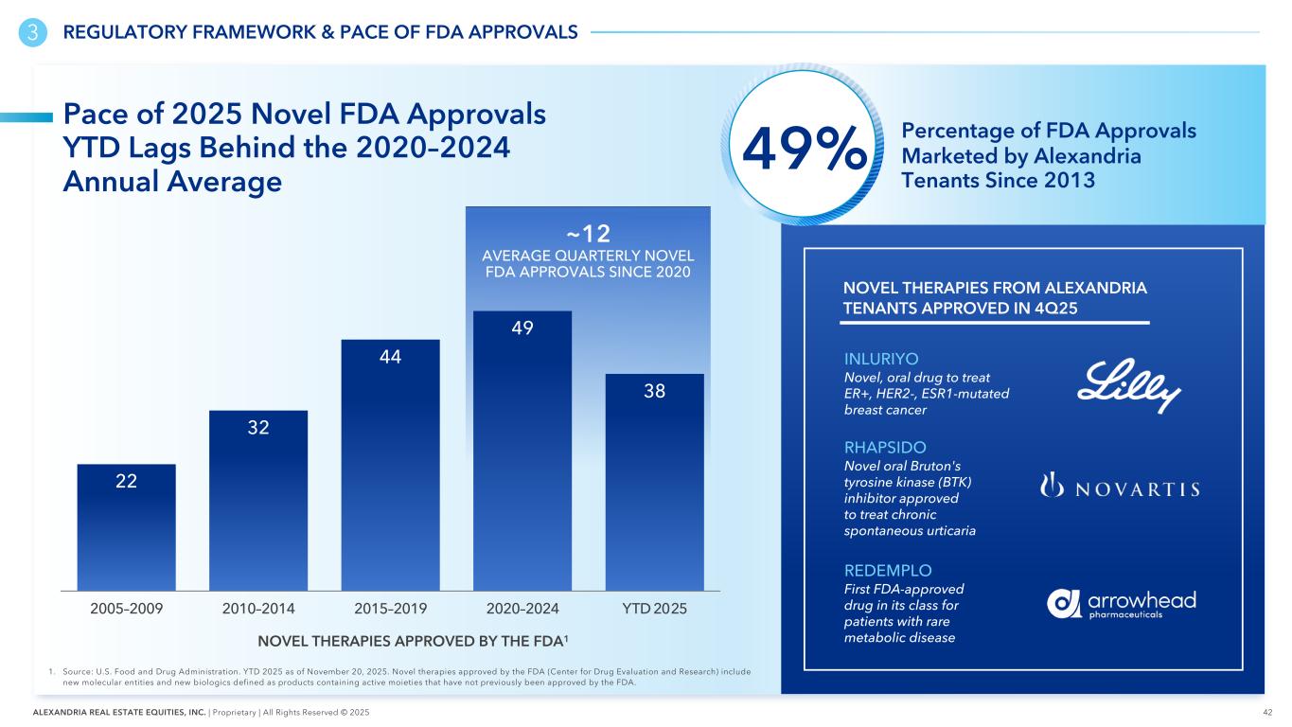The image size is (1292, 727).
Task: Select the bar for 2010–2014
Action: [258, 501]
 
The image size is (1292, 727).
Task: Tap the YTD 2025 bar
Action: [654, 482]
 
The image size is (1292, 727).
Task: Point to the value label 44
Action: [391, 358]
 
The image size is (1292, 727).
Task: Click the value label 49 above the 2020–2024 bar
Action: [522, 328]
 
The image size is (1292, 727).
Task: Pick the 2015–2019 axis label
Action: [390, 607]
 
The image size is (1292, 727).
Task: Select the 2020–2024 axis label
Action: [522, 607]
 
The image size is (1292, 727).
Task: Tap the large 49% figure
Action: [805, 153]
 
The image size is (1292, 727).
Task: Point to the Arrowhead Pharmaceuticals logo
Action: [1122, 603]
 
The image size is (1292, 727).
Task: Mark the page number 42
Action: [1266, 712]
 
